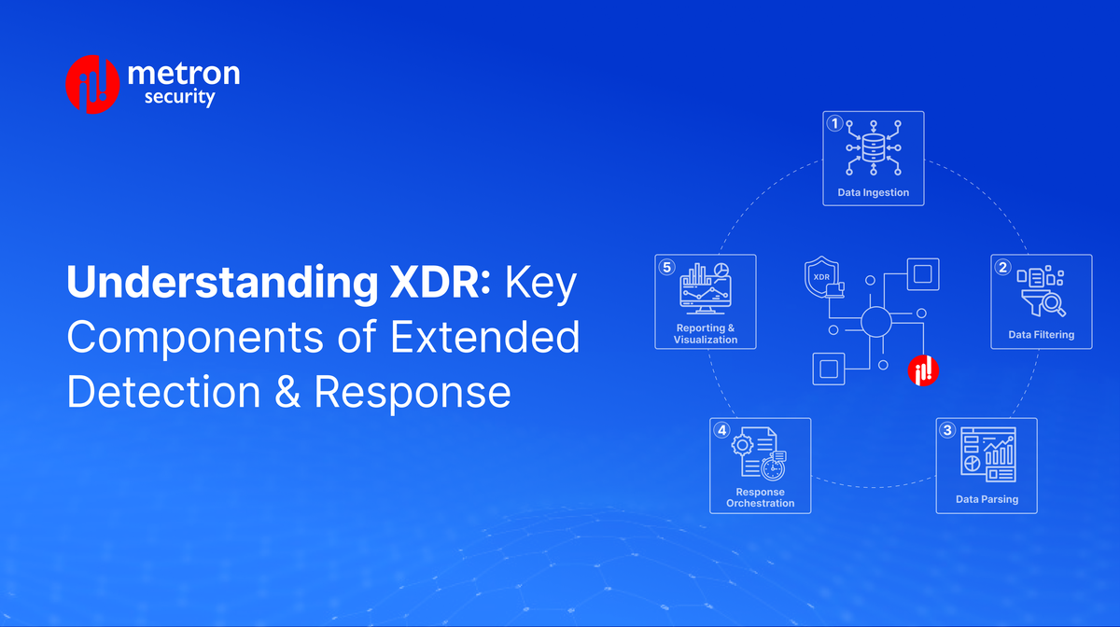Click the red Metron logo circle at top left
pyautogui.click(x=92, y=83)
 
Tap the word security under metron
pyautogui.click(x=180, y=97)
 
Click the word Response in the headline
pyautogui.click(x=413, y=393)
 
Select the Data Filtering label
pyautogui.click(x=1041, y=334)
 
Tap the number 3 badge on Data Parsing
pyautogui.click(x=947, y=430)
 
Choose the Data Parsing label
pyautogui.click(x=987, y=499)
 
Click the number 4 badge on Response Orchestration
pyautogui.click(x=721, y=430)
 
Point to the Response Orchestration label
pyautogui.click(x=760, y=497)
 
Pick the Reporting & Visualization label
pyautogui.click(x=706, y=334)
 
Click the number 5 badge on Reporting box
pyautogui.click(x=666, y=267)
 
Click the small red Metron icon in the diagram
pyautogui.click(x=923, y=370)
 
